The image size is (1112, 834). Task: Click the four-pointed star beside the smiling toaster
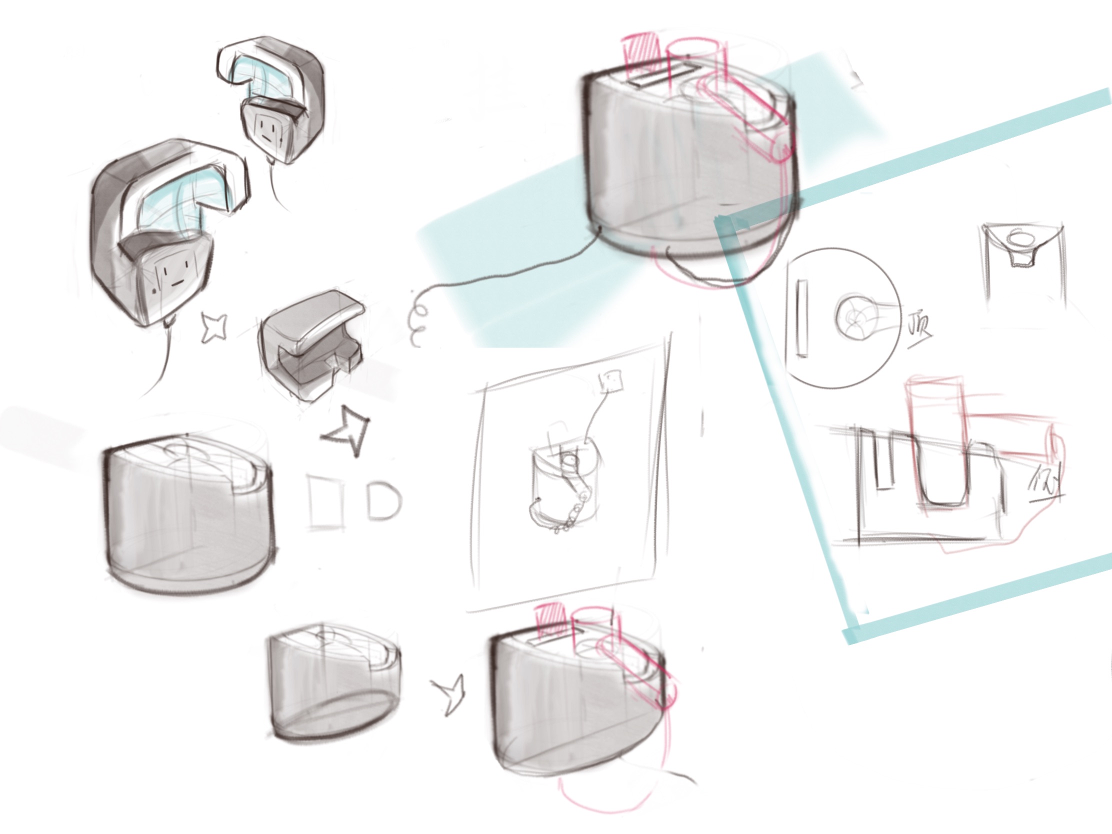214,328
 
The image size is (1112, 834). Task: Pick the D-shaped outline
383,500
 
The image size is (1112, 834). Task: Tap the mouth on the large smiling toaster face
174,283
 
